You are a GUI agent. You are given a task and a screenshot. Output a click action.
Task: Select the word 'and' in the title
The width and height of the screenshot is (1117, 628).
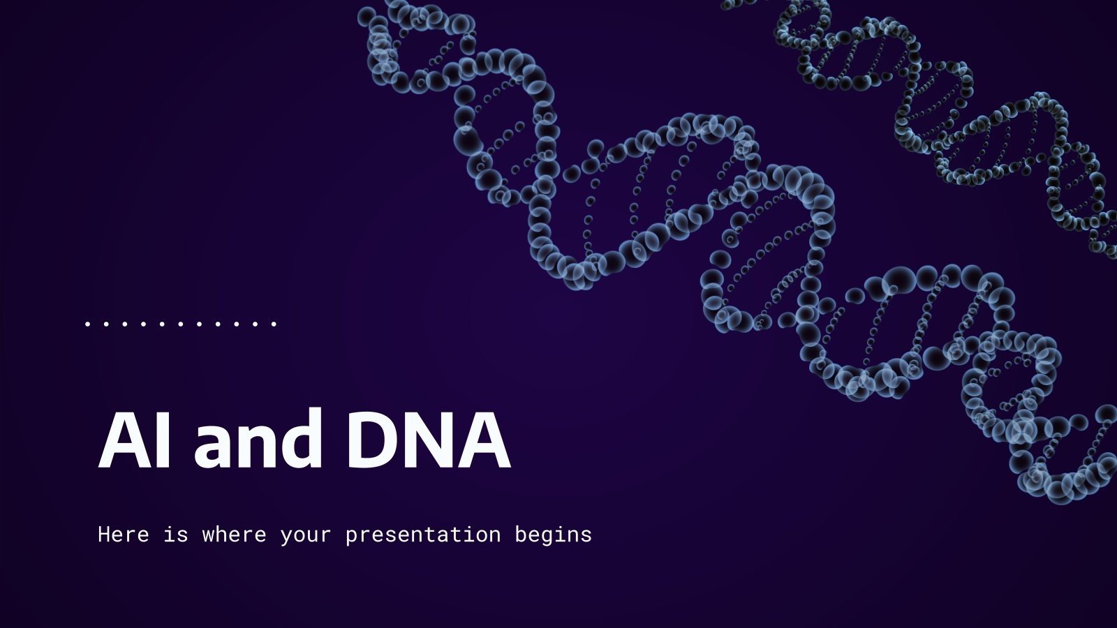click(258, 441)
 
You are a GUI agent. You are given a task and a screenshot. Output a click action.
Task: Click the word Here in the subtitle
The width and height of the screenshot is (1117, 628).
click(124, 534)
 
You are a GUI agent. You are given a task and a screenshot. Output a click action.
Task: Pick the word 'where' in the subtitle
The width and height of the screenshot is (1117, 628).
click(234, 534)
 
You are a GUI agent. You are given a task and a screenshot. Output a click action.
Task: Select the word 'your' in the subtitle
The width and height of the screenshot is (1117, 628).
click(306, 536)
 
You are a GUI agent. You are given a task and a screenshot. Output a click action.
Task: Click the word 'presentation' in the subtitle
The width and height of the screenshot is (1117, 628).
click(423, 536)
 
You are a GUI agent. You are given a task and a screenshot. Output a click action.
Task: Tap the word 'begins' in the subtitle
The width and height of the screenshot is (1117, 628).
click(553, 536)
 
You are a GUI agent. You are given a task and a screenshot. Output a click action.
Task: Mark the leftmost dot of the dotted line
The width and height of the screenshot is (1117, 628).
click(87, 324)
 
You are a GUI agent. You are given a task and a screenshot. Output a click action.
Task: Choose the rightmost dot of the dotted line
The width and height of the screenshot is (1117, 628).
click(274, 324)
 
